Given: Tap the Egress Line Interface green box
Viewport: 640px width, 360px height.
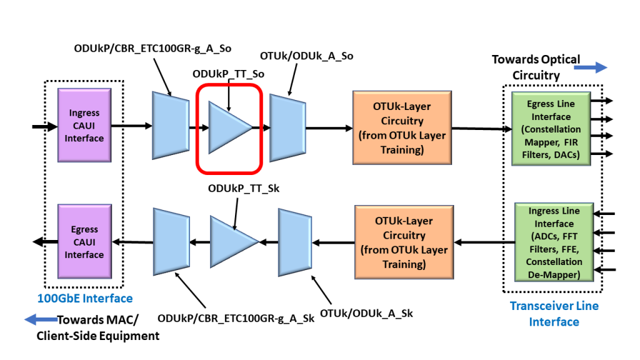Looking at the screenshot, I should [551, 129].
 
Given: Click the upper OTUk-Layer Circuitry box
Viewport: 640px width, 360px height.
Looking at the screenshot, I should [401, 128].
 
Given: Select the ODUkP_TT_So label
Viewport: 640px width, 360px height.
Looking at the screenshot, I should [228, 74].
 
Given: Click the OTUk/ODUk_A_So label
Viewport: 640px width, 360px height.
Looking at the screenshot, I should [306, 56].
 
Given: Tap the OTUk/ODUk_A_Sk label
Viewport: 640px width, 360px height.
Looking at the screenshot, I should [366, 312].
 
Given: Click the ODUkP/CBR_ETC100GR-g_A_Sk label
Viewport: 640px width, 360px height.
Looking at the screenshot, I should [236, 318].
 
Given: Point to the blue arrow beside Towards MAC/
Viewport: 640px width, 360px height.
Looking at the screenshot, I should [40, 320].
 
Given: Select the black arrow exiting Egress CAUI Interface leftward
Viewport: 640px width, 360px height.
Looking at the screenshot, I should [44, 243].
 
